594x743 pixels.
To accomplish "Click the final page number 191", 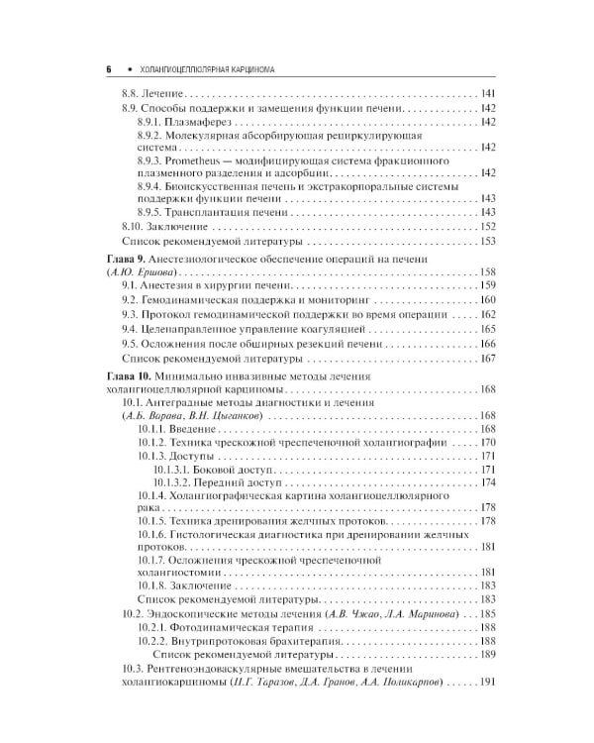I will pos(486,710).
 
